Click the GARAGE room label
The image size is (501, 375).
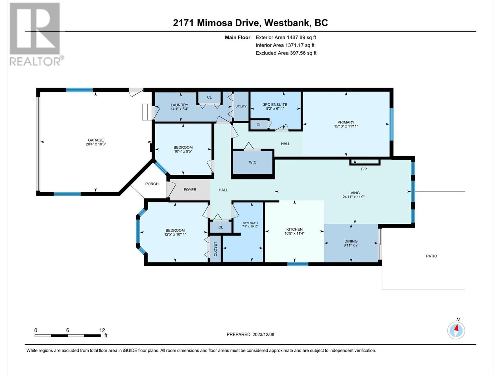(96, 140)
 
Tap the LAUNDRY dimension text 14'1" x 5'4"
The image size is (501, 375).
(179, 109)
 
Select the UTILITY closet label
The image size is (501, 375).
(241, 107)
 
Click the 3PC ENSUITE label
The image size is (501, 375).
(275, 105)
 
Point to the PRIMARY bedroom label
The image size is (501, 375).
(346, 122)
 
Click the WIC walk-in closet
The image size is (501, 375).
(253, 162)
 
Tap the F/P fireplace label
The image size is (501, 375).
(364, 169)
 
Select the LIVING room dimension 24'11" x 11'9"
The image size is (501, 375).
(354, 197)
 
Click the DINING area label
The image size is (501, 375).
(351, 241)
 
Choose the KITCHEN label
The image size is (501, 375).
(294, 229)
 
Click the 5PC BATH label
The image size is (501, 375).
(250, 223)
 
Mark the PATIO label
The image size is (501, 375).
(431, 256)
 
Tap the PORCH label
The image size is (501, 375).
(152, 184)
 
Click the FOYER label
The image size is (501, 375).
(190, 190)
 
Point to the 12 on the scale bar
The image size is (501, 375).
(102, 330)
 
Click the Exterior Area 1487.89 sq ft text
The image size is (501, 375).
(286, 37)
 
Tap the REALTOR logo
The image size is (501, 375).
(35, 34)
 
